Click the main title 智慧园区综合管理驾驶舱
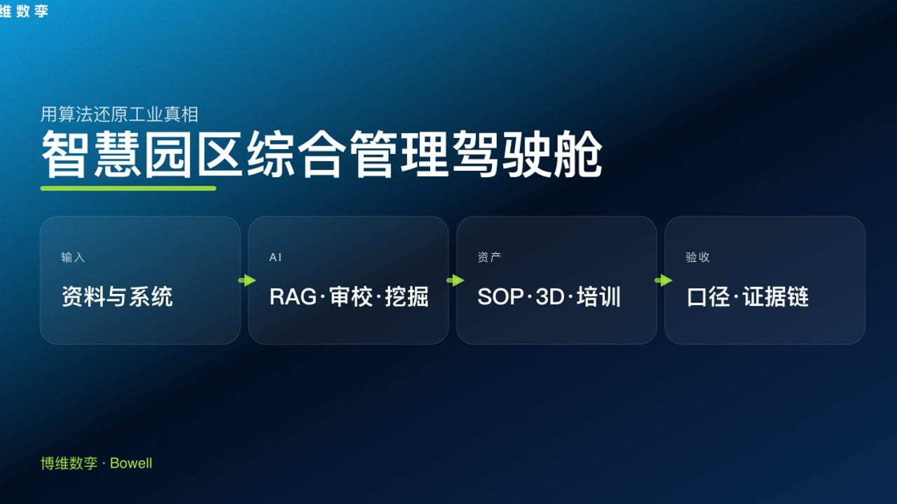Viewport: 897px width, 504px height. [x=321, y=154]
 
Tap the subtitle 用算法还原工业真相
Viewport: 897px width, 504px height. [x=119, y=114]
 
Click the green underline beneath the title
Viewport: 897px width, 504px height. [x=128, y=188]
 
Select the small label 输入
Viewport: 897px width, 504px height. [x=73, y=258]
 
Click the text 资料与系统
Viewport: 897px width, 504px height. [x=117, y=297]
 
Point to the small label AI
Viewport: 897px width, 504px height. [x=275, y=258]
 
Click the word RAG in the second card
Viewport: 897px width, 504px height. [x=293, y=297]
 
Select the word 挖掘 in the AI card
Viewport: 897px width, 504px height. [x=406, y=297]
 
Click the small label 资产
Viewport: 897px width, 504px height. [x=489, y=258]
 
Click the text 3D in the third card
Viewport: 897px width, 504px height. [x=550, y=297]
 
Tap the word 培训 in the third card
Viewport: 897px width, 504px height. [x=599, y=297]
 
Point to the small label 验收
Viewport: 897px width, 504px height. [x=697, y=258]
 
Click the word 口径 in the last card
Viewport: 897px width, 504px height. [x=708, y=297]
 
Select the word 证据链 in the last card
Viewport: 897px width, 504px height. [x=776, y=297]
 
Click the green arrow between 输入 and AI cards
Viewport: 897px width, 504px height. [x=247, y=281]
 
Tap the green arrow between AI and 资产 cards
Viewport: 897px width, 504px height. [x=455, y=281]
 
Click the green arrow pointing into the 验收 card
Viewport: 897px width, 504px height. [x=663, y=281]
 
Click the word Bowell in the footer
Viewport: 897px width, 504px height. [x=131, y=463]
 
